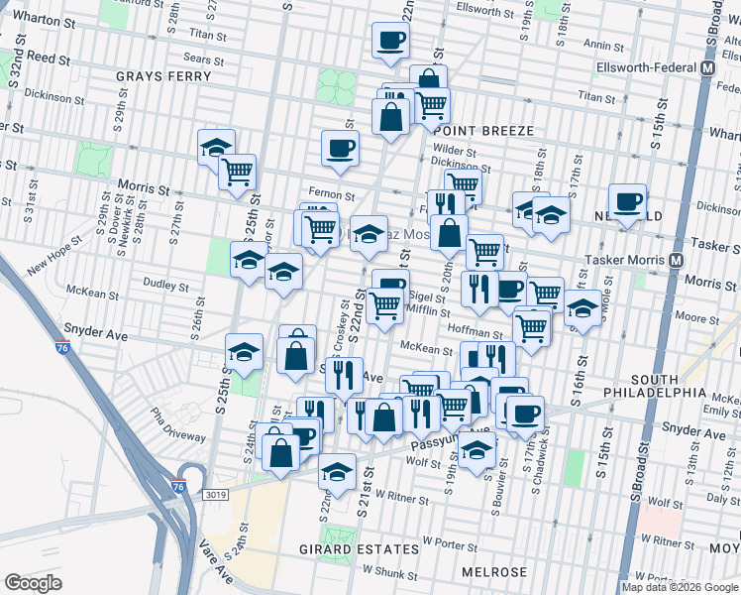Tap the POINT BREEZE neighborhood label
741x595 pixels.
click(483, 131)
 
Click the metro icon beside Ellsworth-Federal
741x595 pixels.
click(707, 68)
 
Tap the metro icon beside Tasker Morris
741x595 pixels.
click(677, 260)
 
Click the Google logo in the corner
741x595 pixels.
click(34, 583)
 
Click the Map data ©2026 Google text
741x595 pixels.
click(681, 587)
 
